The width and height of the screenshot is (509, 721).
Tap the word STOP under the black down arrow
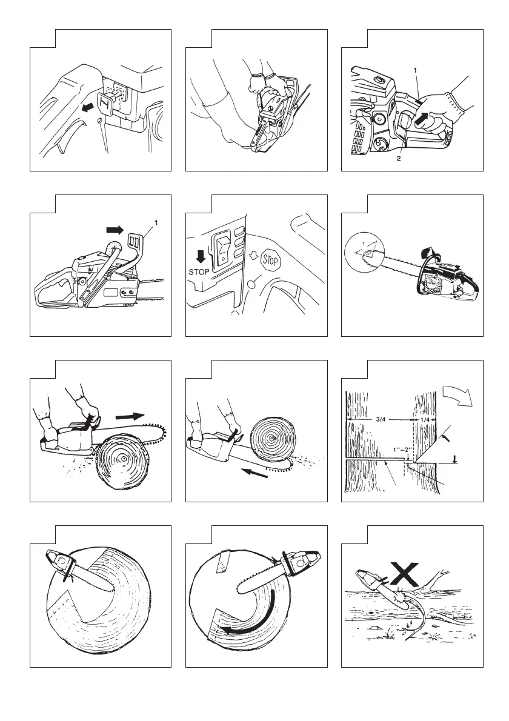click(199, 271)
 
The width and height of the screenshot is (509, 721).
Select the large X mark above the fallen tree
click(405, 573)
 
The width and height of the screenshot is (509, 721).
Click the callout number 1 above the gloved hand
click(416, 71)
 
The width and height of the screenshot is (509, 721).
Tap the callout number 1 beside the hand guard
click(157, 223)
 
